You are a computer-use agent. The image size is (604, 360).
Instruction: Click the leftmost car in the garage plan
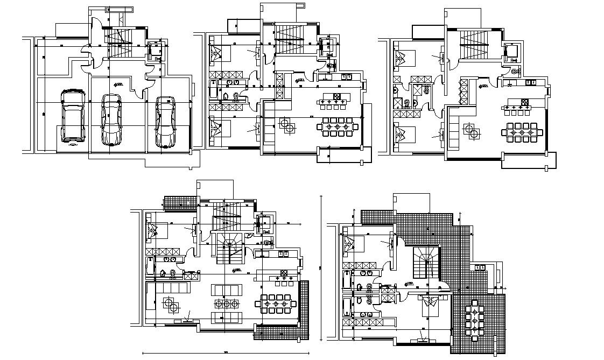pyautogui.click(x=73, y=117)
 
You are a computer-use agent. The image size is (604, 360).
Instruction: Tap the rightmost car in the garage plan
pyautogui.click(x=165, y=122)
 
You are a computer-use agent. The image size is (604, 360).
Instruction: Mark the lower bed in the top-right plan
pyautogui.click(x=403, y=132)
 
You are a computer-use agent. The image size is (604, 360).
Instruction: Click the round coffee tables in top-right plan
pyautogui.click(x=473, y=131)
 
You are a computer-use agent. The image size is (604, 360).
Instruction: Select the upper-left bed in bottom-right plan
pyautogui.click(x=353, y=245)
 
